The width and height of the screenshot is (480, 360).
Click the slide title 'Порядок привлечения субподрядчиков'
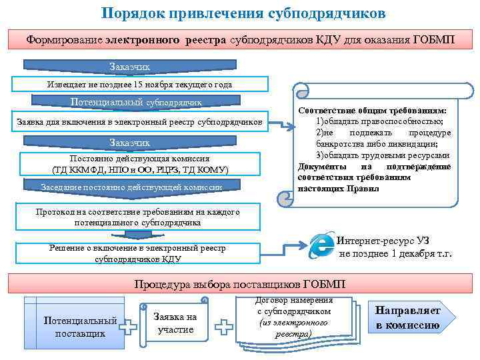243,13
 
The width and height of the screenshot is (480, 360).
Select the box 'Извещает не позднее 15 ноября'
141,85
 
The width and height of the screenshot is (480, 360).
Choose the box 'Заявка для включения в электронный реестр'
141,123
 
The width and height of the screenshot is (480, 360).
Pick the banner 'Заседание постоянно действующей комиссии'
131,187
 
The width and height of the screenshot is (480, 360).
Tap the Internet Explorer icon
323,246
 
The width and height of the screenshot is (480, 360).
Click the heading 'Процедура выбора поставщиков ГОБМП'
240,284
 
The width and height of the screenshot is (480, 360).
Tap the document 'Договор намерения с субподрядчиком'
294,317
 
